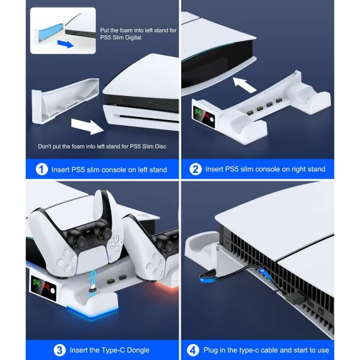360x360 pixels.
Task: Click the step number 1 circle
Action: pos(42,169)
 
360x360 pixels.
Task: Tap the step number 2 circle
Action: pos(195,169)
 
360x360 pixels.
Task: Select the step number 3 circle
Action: pos(59,351)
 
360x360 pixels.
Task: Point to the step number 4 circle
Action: pos(193,351)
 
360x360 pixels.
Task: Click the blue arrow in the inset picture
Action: pos(66,44)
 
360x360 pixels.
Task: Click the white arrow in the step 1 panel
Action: pos(87,126)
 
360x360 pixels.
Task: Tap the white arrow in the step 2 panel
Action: pos(244,85)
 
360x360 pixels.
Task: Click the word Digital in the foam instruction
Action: pos(132,37)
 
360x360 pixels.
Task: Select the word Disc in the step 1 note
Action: pos(160,147)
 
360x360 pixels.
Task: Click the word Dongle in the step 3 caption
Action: pos(138,350)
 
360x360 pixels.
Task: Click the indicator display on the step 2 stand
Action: pos(204,117)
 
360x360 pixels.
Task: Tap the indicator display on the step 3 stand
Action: pos(43,289)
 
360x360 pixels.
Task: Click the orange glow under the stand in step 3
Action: pos(167,286)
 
